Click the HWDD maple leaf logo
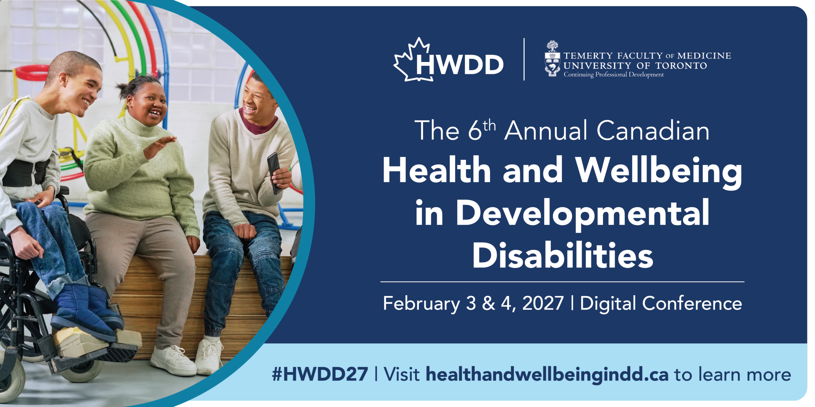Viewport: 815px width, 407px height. coord(448,60)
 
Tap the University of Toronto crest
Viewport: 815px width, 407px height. coord(552,59)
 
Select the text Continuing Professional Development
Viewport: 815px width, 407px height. coord(614,74)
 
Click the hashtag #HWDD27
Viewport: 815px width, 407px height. coord(320,374)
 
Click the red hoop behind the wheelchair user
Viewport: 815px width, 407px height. coord(31,73)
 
